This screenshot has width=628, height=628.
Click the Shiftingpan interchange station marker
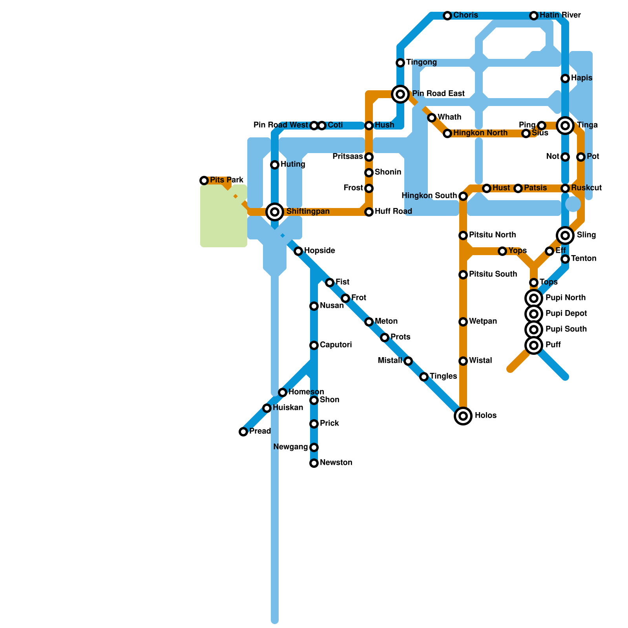coord(275,212)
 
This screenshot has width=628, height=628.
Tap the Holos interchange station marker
coord(463,416)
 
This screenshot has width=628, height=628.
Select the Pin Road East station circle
coord(400,94)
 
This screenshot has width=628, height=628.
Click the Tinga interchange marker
coord(565,126)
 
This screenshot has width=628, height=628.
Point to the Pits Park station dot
coord(204,181)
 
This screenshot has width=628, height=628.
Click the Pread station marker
coord(243,432)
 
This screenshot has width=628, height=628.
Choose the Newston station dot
coord(314,463)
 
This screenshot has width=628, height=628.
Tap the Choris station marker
coord(447,16)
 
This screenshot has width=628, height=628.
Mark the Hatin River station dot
coord(534,16)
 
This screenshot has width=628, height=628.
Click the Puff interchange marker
coord(534,345)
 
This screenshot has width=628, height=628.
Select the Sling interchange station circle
coord(565,235)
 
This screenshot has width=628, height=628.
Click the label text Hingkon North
coord(480,133)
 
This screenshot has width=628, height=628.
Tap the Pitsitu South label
coord(493,274)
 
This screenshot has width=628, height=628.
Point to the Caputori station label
coord(336,345)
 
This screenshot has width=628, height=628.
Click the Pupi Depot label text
coord(566,314)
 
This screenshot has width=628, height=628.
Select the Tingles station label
coord(443,376)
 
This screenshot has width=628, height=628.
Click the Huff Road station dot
coord(369,212)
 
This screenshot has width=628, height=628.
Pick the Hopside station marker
coord(298,251)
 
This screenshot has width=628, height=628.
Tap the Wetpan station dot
coord(463,322)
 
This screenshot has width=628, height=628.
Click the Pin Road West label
coord(281,125)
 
